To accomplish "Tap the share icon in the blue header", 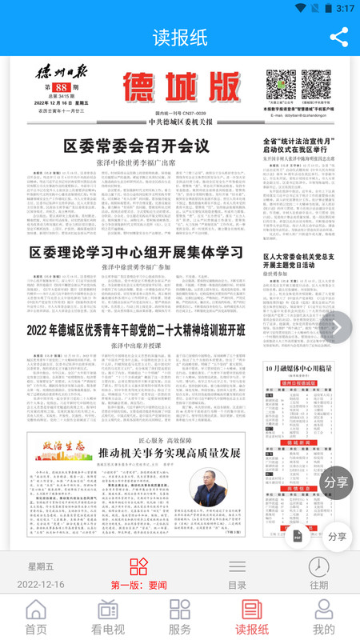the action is [x=339, y=37].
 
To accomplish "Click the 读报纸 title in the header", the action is [x=180, y=38].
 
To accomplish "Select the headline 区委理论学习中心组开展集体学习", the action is [x=136, y=252].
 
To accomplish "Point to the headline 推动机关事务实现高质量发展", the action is [x=158, y=452].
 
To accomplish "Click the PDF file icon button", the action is [x=297, y=535].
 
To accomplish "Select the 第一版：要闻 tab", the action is [x=139, y=574].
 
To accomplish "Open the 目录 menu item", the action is [x=238, y=574].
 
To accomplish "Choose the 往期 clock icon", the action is [x=319, y=574].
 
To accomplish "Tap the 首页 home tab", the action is [x=36, y=617].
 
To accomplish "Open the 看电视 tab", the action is [x=108, y=617].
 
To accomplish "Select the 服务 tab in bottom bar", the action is [x=180, y=617].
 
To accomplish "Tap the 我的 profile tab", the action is [x=324, y=617].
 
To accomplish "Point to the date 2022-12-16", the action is [x=41, y=585].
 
